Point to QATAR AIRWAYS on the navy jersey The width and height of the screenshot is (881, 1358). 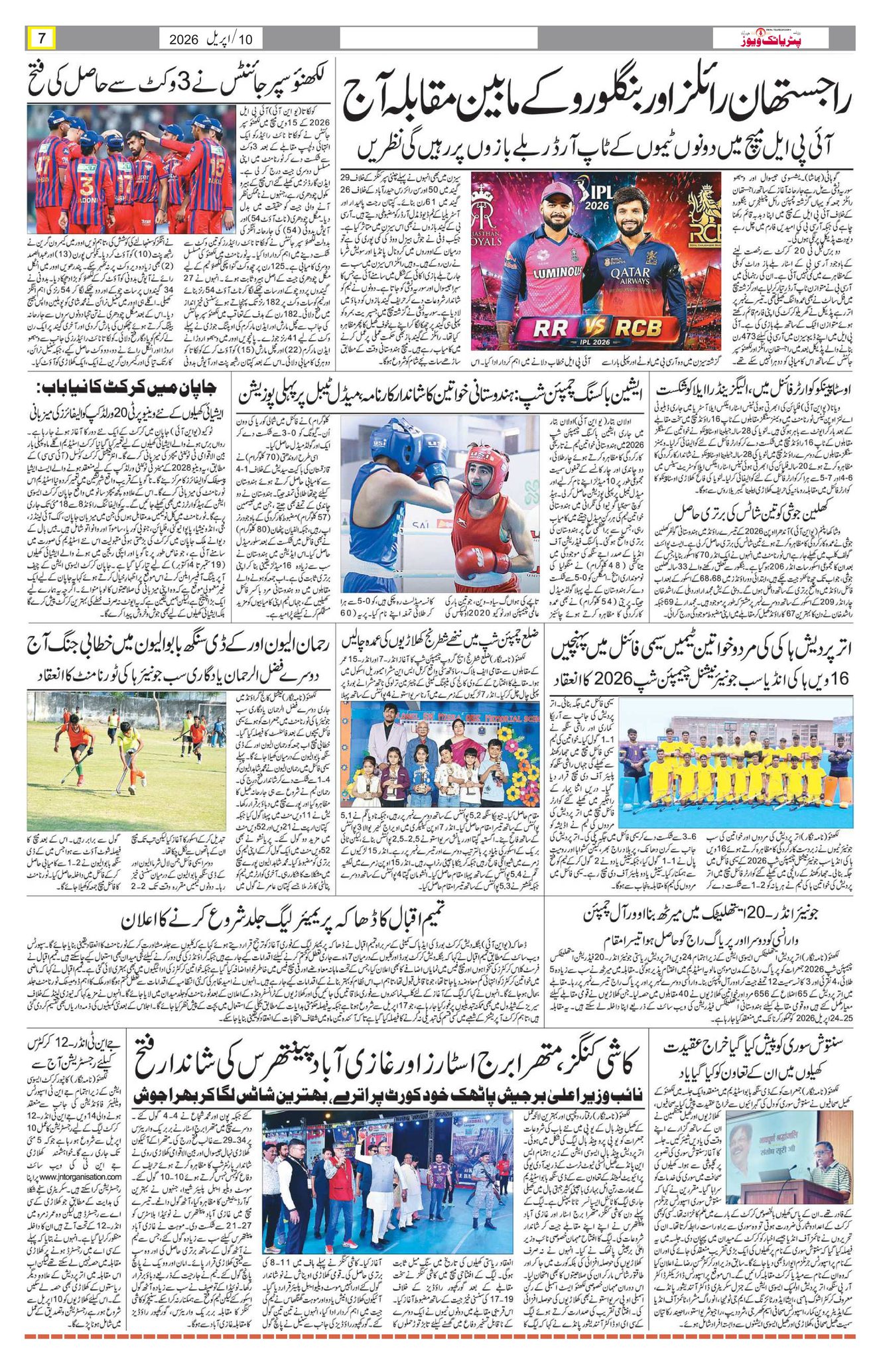[630, 273]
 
